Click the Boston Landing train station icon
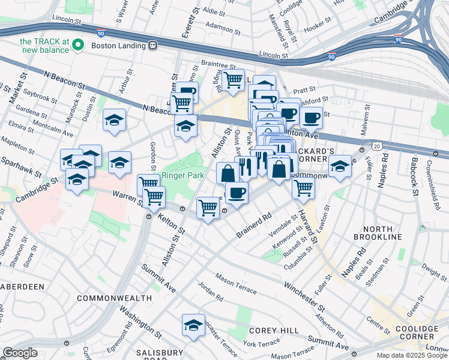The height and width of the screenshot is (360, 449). (154, 45)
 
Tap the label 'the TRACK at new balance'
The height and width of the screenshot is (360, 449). (53, 45)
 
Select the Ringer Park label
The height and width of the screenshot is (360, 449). (183, 175)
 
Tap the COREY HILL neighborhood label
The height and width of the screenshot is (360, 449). (270, 330)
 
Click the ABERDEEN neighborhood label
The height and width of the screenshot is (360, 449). (22, 287)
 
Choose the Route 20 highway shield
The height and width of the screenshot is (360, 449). (376, 146)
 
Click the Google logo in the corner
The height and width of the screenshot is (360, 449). (20, 353)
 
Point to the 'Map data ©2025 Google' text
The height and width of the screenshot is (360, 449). (411, 355)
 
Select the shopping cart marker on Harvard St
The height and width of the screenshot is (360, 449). (303, 187)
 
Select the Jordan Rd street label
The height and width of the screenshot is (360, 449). (211, 292)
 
